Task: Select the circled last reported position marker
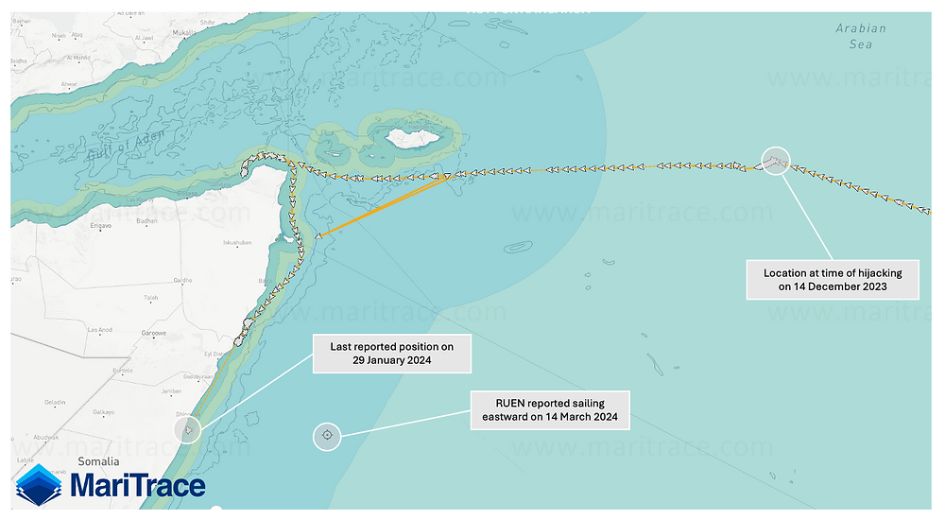tap(189, 431)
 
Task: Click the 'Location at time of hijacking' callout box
tap(832, 279)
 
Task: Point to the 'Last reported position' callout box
tap(391, 354)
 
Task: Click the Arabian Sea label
tap(861, 36)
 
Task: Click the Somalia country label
tap(98, 462)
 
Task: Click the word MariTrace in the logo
tap(138, 486)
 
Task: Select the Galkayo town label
tap(103, 412)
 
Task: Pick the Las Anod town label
tap(99, 329)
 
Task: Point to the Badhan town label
tap(146, 221)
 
